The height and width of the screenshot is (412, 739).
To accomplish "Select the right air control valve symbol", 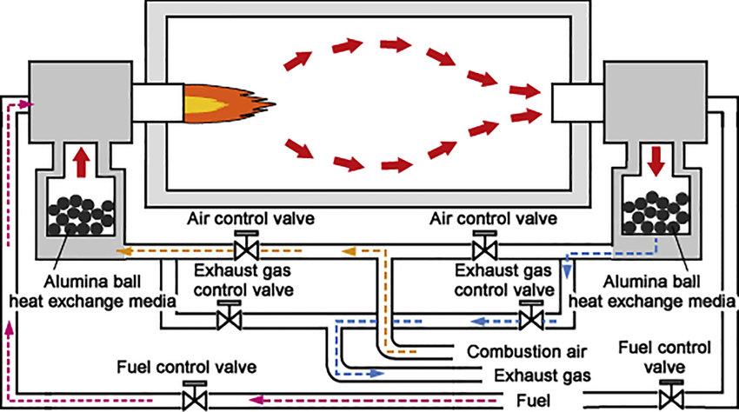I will click(480, 249).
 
